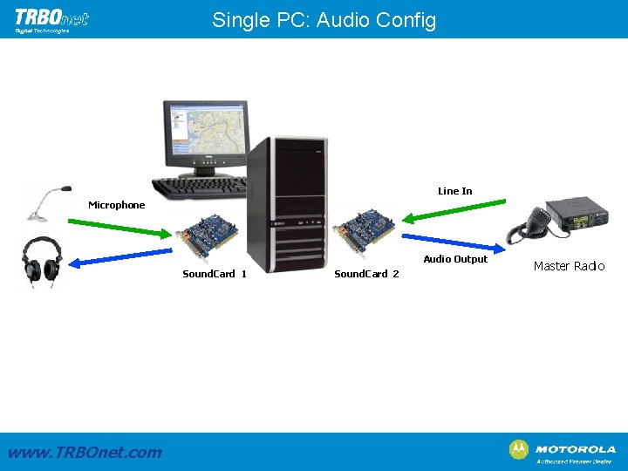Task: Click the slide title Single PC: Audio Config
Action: (x=324, y=20)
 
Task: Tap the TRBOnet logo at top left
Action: (x=51, y=19)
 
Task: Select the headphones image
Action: (x=41, y=260)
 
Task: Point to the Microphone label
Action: (x=116, y=205)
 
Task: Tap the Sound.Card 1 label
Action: (x=214, y=274)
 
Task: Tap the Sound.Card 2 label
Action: (x=366, y=274)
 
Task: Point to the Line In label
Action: (x=454, y=191)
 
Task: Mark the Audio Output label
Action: (x=454, y=259)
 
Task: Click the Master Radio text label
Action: (x=569, y=266)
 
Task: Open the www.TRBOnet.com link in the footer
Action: (x=85, y=452)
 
